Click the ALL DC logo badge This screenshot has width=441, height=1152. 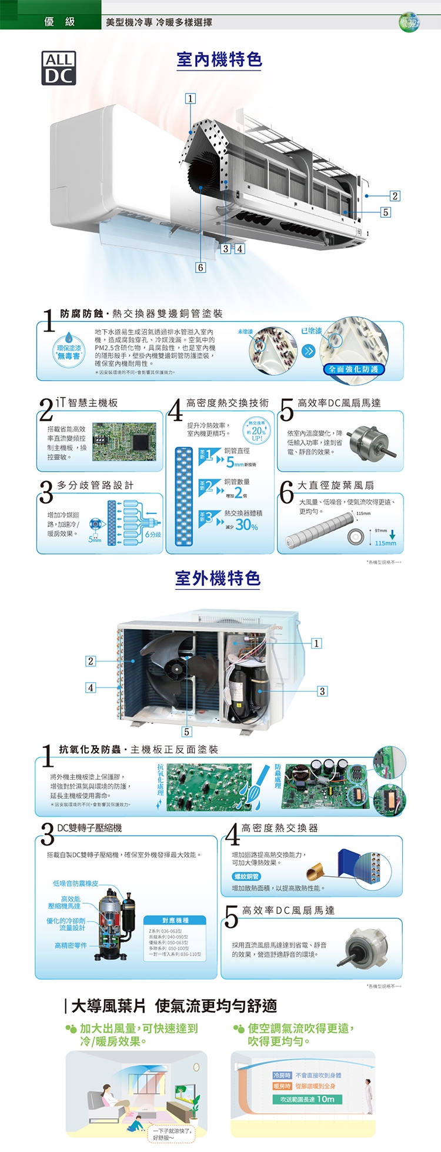click(59, 68)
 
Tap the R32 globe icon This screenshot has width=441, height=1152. click(409, 23)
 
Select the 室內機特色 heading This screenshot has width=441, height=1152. click(219, 60)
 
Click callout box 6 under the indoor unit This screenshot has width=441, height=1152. click(201, 268)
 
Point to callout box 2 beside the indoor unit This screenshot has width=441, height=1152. click(395, 196)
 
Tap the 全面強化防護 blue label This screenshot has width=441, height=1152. click(353, 369)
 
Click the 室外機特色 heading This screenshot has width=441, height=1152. click(218, 579)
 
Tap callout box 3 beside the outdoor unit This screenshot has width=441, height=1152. click(322, 691)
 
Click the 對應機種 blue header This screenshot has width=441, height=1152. click(175, 920)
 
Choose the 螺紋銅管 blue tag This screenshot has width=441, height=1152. click(246, 876)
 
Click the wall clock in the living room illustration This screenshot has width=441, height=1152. click(196, 1067)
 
